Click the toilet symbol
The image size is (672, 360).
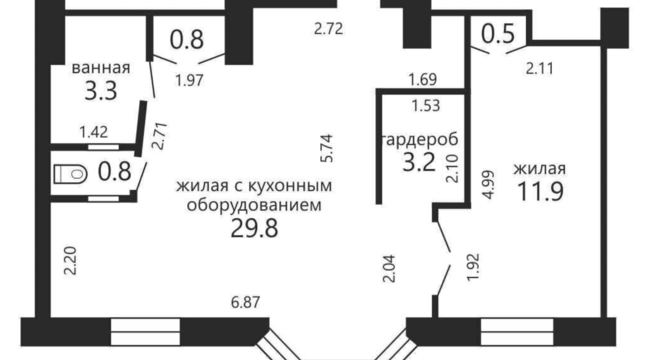(71, 174)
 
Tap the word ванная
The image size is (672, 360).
(101, 68)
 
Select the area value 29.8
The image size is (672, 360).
(255, 228)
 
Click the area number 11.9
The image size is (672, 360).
(540, 191)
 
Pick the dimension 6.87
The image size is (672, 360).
(246, 303)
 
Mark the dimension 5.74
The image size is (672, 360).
(327, 148)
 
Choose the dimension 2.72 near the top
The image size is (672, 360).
(329, 29)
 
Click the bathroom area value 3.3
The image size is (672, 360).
(101, 91)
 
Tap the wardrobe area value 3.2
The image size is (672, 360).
(419, 162)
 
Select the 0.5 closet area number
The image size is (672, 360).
(498, 34)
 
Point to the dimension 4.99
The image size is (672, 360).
(488, 184)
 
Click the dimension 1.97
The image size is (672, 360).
(189, 80)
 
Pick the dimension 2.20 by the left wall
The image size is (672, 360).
(70, 261)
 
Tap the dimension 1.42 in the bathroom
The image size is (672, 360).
(94, 132)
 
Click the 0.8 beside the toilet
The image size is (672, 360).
(114, 172)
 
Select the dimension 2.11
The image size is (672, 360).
(540, 68)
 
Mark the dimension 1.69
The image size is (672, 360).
(423, 80)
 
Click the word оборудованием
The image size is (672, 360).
(254, 205)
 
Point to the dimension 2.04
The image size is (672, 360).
(389, 268)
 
